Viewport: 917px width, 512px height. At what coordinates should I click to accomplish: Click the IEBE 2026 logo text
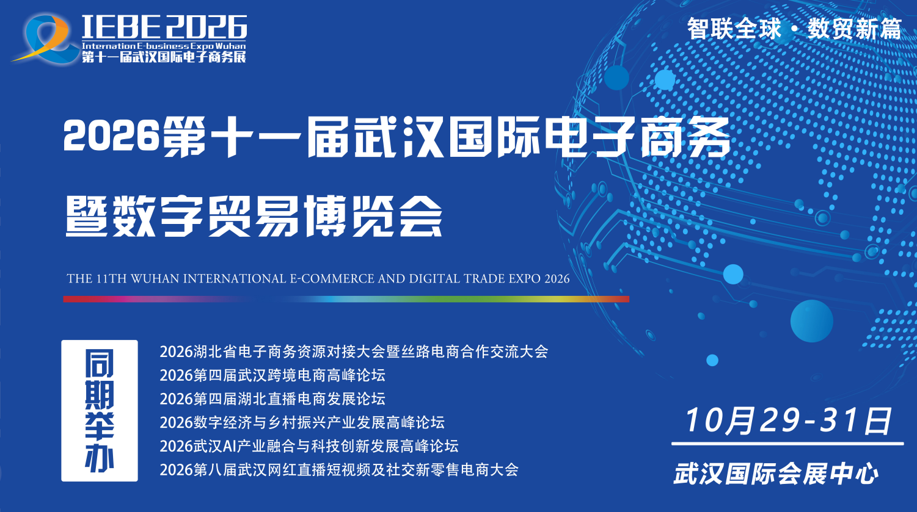164,27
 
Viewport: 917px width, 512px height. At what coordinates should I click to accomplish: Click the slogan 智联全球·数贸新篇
794,29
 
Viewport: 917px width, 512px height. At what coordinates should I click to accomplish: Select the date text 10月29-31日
787,420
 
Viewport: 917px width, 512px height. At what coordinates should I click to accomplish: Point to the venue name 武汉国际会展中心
776,474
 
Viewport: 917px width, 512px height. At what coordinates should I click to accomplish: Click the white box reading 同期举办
100,411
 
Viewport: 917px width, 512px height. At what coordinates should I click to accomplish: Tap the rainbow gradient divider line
346,299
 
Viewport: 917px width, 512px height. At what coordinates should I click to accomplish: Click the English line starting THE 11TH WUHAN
318,278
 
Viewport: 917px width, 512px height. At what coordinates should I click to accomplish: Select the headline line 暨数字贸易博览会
254,216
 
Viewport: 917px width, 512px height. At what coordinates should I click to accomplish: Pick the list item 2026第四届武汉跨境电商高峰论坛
272,375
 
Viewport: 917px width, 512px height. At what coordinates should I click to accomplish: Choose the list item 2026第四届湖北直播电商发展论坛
272,398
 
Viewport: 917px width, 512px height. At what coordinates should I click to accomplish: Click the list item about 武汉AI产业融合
309,445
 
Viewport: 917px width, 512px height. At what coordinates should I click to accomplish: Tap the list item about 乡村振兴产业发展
302,422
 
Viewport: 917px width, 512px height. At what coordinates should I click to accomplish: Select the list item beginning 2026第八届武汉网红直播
339,469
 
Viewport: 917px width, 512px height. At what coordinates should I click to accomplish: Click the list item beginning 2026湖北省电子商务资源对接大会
354,352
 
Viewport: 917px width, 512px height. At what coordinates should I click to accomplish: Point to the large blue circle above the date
811,321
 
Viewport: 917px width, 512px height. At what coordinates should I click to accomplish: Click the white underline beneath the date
787,443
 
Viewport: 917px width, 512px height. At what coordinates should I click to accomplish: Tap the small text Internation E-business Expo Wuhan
164,46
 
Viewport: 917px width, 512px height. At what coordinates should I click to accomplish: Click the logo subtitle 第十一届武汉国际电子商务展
164,56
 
